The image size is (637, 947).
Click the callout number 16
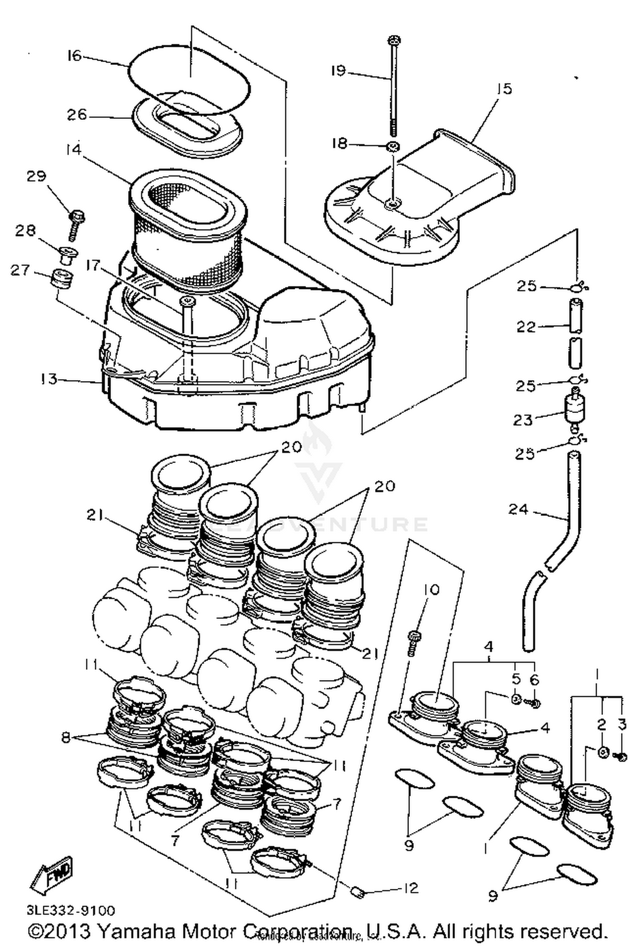[x=73, y=55]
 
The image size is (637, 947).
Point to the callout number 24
[x=518, y=509]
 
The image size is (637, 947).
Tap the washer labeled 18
[x=393, y=147]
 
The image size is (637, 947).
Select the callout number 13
[x=49, y=379]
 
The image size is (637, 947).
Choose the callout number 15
[x=504, y=89]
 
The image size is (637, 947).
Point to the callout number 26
[x=77, y=115]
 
